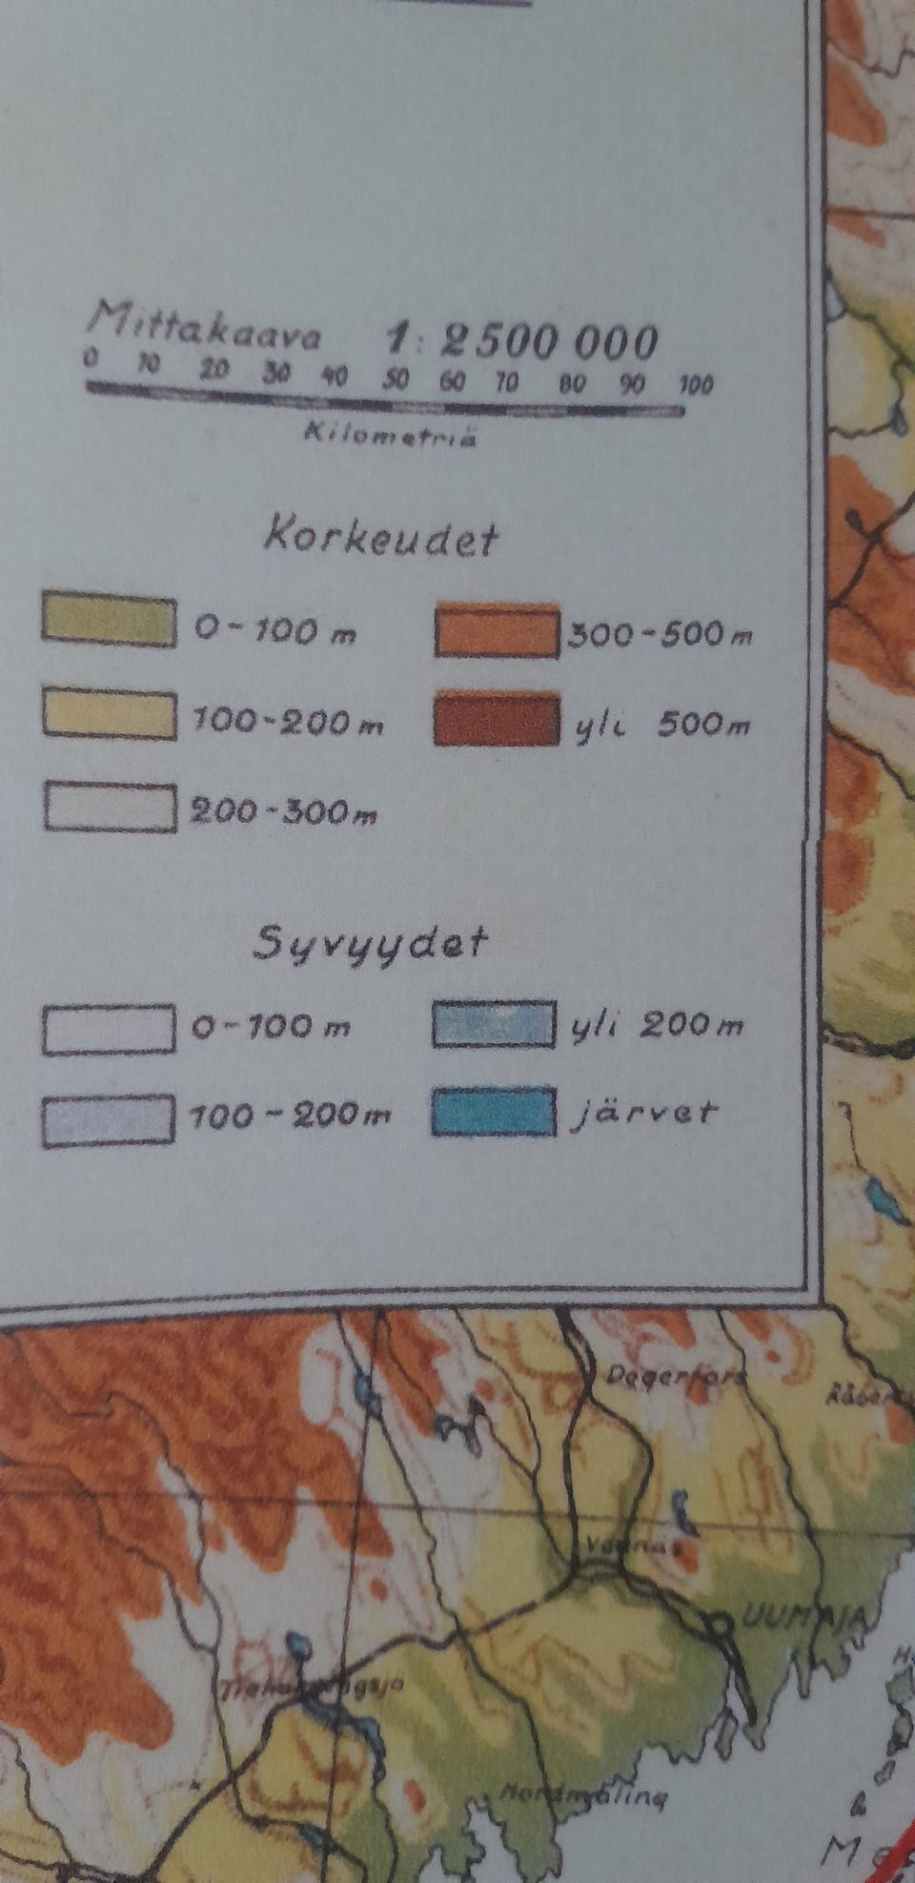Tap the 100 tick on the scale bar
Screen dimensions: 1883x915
coord(695,386)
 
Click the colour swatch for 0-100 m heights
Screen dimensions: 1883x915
coord(108,623)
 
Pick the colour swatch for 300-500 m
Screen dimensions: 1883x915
coord(497,630)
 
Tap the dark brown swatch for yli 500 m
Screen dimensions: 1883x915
coord(496,719)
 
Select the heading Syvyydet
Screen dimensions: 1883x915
coord(370,943)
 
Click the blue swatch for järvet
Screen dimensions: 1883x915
coord(493,1111)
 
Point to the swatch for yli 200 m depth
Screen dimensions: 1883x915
coord(493,1024)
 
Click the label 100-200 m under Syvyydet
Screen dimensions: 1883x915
coord(291,1115)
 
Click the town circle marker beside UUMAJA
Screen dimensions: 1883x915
coord(721,1620)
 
